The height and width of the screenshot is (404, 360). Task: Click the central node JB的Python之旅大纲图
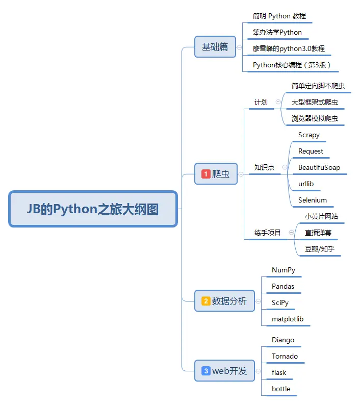[93, 209]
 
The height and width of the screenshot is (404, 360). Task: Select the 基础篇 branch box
[215, 47]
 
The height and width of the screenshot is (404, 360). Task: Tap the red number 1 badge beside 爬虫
[206, 174]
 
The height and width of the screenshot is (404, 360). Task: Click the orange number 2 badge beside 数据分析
[206, 301]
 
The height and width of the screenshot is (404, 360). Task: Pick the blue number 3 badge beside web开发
[206, 371]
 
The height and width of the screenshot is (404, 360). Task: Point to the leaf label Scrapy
[309, 135]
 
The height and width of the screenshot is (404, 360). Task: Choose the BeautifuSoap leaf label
[319, 167]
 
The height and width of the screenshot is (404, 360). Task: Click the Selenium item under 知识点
[313, 200]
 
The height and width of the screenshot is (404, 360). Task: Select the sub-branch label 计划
[261, 102]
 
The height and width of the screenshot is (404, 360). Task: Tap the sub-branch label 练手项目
[268, 233]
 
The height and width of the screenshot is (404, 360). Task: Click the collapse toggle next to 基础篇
[240, 47]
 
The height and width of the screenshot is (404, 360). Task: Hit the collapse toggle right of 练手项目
[291, 233]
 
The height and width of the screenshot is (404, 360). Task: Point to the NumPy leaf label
[284, 270]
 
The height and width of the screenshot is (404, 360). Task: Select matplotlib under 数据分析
[288, 319]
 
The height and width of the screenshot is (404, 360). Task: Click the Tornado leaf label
[285, 356]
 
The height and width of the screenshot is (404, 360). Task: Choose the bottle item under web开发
[281, 389]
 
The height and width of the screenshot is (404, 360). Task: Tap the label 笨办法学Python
[277, 33]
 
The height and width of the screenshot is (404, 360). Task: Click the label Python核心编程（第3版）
[292, 65]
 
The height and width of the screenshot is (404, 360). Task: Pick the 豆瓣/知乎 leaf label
[320, 249]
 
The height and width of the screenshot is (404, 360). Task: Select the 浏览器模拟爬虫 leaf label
[318, 118]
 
